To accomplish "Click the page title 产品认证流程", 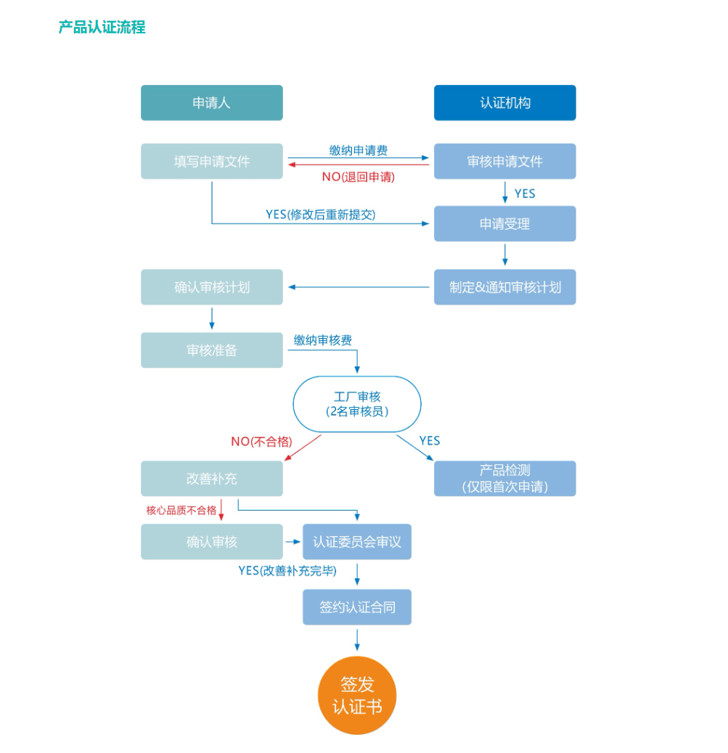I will click(x=102, y=27).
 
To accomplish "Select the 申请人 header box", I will click(x=211, y=102).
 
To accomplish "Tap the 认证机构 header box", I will click(x=504, y=102).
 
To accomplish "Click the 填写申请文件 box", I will click(x=211, y=161).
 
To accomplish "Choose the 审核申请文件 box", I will click(x=504, y=161).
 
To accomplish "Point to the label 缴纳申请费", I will click(x=358, y=150).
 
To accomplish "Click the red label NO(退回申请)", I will click(x=358, y=176).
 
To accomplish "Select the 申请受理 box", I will click(x=504, y=223).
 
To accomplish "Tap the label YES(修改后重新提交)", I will click(x=320, y=214).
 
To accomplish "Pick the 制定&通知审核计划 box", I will click(x=504, y=287).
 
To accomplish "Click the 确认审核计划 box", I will click(x=211, y=287).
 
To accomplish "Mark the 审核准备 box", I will click(x=211, y=350).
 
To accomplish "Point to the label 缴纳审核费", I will click(x=323, y=340).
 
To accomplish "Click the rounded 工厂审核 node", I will click(x=356, y=404).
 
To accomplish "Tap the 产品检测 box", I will click(x=504, y=478).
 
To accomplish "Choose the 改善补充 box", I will click(x=211, y=479).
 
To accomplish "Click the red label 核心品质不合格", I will click(x=181, y=510).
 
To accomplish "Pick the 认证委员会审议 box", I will click(x=356, y=542).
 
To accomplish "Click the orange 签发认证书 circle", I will click(x=357, y=695).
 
